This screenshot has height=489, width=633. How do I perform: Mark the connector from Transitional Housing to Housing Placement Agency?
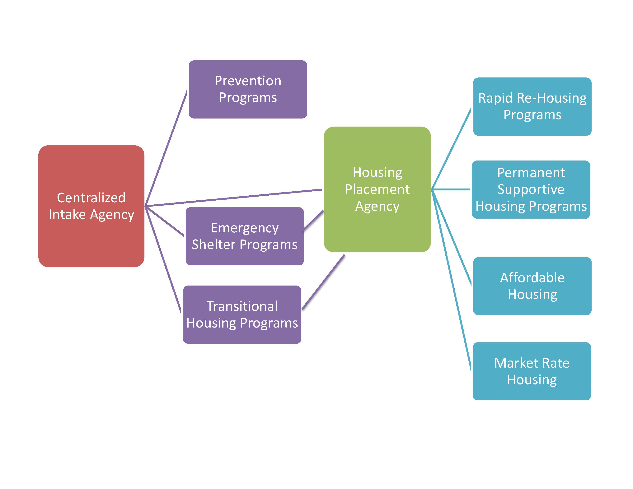click(x=323, y=282)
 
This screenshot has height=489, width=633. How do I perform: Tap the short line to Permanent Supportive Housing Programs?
click(x=451, y=189)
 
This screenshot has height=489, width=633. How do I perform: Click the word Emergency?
click(x=245, y=228)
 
